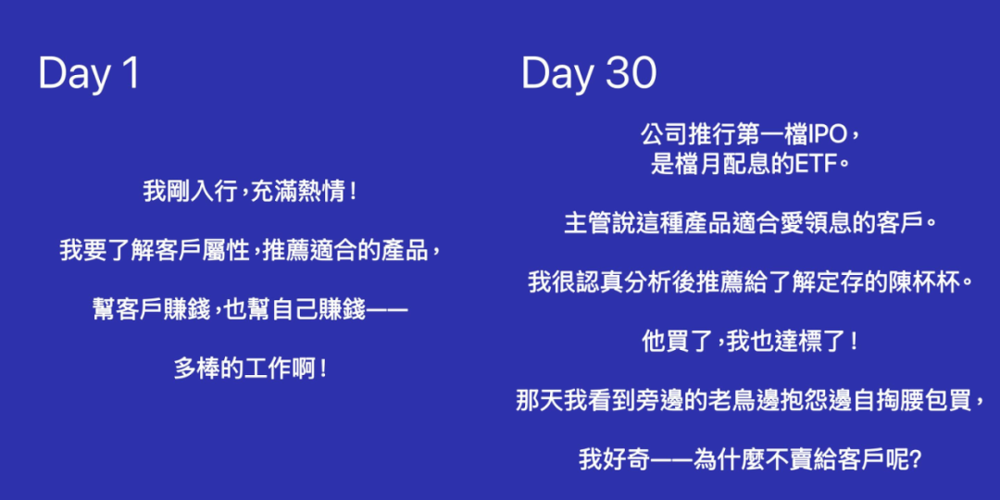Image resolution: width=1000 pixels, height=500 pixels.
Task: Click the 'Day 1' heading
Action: point(89,74)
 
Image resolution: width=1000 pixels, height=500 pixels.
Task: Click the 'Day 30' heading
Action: point(589,74)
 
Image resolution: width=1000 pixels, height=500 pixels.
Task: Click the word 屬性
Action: point(229,251)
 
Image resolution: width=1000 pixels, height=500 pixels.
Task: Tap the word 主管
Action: point(585,224)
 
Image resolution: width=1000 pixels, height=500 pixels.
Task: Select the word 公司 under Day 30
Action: point(662,135)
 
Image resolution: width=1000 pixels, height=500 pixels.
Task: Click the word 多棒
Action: point(194,369)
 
